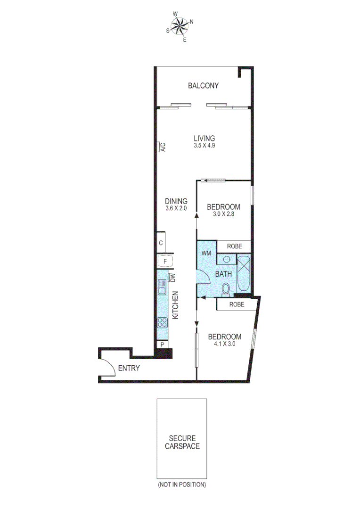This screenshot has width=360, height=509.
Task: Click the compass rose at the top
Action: coord(180,26)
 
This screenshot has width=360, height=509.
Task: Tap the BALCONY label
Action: coord(203,86)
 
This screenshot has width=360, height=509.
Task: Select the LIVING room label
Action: coord(204,138)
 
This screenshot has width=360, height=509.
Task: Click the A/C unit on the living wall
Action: coord(160,148)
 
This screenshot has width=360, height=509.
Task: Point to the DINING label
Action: coord(176,201)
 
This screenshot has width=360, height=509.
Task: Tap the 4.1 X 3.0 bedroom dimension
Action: coord(224,344)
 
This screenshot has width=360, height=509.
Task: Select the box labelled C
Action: coord(161,243)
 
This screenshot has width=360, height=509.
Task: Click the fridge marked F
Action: coord(165,261)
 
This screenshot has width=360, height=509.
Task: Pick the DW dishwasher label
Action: coord(172,278)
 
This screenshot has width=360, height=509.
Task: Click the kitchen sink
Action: coord(162,287)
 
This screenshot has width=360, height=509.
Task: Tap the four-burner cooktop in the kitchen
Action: coord(162,323)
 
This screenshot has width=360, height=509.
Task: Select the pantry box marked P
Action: coord(162,345)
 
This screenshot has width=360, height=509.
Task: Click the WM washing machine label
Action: coord(206,254)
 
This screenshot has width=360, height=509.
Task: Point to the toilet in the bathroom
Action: coord(226,288)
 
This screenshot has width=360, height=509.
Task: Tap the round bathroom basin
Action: coord(226,259)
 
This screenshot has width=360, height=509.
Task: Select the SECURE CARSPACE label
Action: coord(182,442)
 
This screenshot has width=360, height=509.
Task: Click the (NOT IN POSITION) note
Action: coord(182,484)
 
